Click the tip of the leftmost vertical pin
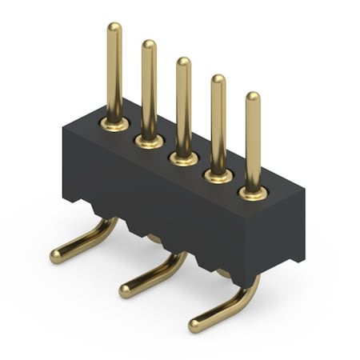click(114, 28)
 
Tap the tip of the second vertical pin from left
click(149, 46)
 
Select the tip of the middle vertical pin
click(183, 62)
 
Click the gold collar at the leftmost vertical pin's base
click(114, 124)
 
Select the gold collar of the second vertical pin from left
click(149, 141)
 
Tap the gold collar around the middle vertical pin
click(184, 158)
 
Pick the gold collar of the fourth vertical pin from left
click(218, 175)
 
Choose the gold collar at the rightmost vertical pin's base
click(253, 193)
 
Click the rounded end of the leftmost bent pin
click(57, 256)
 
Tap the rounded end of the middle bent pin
click(126, 290)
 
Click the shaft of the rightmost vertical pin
click(253, 144)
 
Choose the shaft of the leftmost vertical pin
click(114, 76)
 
